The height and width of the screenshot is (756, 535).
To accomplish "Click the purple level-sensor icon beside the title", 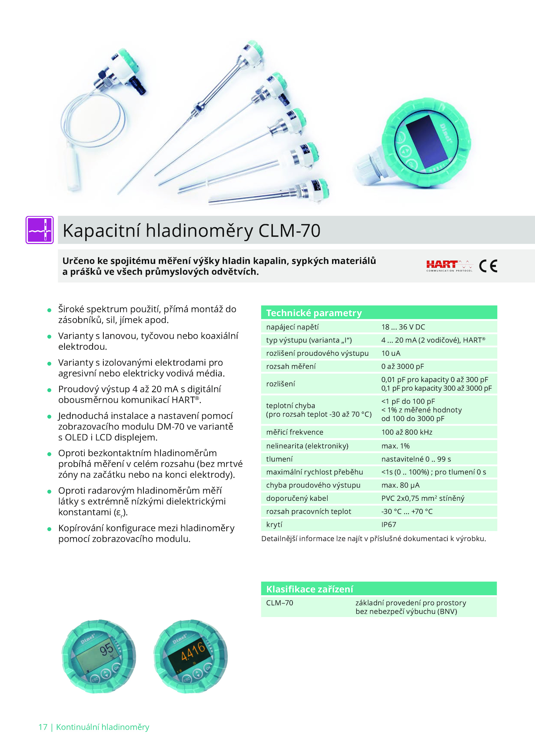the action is [x=39, y=230].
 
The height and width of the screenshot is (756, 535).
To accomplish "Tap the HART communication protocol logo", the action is [x=449, y=266].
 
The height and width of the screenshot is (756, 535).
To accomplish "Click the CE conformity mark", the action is [x=488, y=266].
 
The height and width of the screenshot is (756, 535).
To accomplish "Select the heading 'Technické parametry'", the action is [x=314, y=313].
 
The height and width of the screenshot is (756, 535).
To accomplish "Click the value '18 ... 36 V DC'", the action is [x=403, y=327].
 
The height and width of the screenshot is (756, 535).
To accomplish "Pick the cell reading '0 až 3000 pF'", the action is [x=403, y=366].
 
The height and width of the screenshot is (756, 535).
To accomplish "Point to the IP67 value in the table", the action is [x=389, y=524].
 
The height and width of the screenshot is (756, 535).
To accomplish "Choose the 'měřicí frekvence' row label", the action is [x=295, y=432].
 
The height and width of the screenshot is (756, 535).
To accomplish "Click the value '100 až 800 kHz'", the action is [x=407, y=432].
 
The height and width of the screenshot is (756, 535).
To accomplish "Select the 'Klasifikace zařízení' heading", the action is [x=310, y=589].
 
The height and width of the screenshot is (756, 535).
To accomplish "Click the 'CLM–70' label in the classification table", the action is [x=280, y=603].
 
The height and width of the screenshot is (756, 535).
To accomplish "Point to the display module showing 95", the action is [x=99, y=656].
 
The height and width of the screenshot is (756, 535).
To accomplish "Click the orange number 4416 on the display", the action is [x=193, y=651].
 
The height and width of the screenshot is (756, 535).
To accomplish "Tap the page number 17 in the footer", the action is [x=43, y=727].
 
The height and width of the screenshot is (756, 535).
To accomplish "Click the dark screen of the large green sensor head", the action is [x=426, y=141].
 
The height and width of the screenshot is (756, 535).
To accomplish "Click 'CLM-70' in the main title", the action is [x=290, y=231].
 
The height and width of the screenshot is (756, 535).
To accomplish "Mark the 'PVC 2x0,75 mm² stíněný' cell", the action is [x=423, y=498].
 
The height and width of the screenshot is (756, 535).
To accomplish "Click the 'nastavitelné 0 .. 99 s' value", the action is [x=416, y=459].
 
